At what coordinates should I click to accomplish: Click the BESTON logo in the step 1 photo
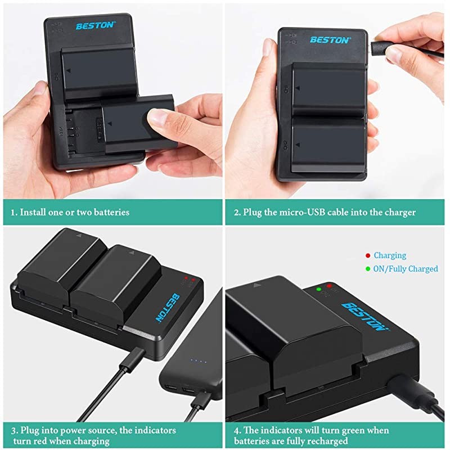(95, 25)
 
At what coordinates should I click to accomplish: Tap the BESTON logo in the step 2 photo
(330, 40)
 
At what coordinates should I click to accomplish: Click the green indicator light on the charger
(319, 289)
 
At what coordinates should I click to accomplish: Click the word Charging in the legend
(390, 255)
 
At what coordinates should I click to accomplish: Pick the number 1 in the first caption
(14, 213)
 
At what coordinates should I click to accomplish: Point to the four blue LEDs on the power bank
(198, 361)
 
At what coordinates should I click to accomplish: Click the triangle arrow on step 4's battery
(257, 286)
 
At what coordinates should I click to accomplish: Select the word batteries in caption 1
(107, 213)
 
